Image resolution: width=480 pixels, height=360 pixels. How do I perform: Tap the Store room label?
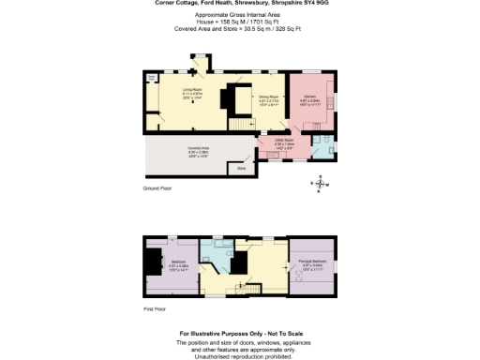(241, 169)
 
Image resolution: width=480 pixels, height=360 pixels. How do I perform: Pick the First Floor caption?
(155, 307)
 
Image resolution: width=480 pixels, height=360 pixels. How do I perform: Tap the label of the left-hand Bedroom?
(178, 262)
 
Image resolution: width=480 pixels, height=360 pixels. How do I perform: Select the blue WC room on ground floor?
(322, 144)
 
